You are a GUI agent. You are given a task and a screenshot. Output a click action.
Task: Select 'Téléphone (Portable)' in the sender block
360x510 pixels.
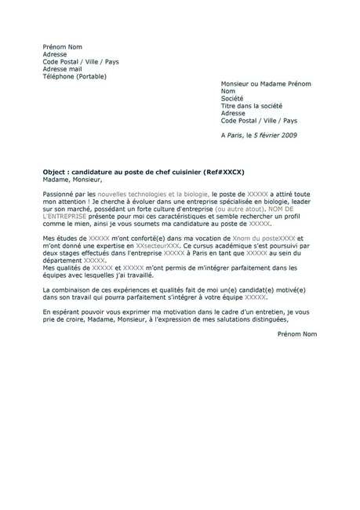(74, 77)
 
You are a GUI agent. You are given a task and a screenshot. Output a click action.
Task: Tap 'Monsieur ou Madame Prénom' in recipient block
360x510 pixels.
(266, 84)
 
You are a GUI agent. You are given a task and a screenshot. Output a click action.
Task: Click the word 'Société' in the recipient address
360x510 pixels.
(233, 99)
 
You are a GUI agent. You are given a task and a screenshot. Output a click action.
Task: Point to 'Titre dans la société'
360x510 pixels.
(251, 106)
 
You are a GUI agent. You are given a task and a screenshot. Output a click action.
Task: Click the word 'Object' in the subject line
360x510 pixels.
(55, 171)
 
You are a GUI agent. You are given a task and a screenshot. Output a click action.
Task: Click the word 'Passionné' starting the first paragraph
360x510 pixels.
(58, 193)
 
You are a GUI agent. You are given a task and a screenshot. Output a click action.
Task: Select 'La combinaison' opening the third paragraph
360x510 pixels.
(66, 290)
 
